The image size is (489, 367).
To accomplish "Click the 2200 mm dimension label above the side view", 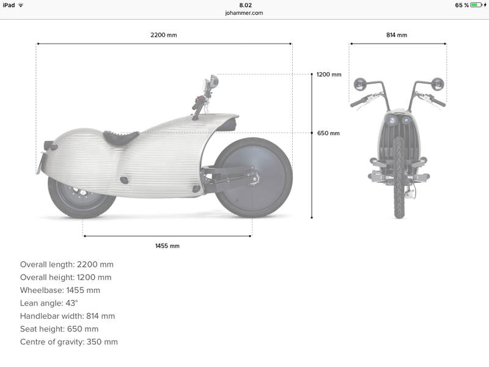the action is click(163, 35).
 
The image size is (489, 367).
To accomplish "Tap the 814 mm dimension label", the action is click(396, 35).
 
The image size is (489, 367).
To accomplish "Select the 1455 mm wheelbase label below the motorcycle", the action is click(167, 246).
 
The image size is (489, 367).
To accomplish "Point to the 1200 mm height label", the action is click(329, 74).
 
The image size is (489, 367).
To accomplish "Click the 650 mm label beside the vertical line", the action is click(328, 133).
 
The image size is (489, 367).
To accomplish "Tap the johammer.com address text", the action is click(244, 13).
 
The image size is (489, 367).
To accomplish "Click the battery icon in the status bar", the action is click(476, 5).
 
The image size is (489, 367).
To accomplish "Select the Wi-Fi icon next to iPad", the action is click(21, 5).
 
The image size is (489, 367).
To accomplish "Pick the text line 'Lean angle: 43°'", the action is click(49, 303).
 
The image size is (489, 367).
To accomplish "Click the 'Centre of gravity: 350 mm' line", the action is click(69, 342).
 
